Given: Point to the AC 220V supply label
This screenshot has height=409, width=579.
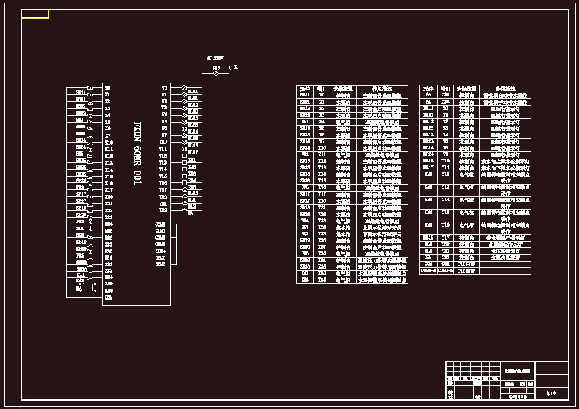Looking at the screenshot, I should click(x=215, y=58).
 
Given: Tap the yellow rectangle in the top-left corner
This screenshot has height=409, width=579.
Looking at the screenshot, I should click(x=34, y=14).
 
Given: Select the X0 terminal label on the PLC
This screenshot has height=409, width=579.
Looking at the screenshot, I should click(x=107, y=88).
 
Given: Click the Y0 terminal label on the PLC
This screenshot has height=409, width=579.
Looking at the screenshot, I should click(x=164, y=88).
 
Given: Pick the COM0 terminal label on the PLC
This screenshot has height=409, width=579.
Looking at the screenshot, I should click(x=160, y=224).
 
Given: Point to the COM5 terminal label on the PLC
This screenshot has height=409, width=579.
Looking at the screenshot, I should click(x=160, y=264).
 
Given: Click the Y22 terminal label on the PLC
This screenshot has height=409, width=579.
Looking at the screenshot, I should click(x=163, y=210).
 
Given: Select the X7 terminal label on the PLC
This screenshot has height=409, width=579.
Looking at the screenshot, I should click(x=107, y=135).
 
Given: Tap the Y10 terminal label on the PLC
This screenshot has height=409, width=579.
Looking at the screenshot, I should click(x=163, y=142).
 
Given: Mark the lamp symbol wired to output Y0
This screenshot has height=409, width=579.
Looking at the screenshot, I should click(x=184, y=89).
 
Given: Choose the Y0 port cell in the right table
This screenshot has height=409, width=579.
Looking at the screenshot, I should click(x=445, y=108).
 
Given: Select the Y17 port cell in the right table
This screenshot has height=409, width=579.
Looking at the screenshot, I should click(x=445, y=238).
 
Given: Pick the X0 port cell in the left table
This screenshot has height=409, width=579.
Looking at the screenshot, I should click(x=322, y=95).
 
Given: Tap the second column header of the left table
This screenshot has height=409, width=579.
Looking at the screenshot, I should click(x=322, y=88).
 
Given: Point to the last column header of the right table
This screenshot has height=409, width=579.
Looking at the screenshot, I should click(x=507, y=88).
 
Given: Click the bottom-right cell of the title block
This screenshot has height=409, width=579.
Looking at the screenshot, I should click(x=551, y=393).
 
